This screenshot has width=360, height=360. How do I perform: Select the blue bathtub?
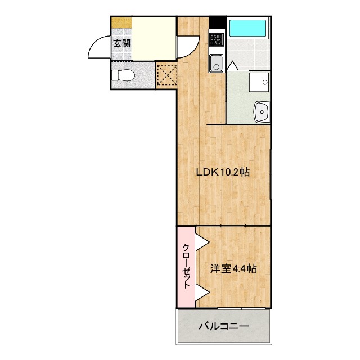[249, 28]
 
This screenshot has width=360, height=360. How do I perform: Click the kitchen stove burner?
[216, 39]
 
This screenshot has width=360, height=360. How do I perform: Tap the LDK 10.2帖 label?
[223, 173]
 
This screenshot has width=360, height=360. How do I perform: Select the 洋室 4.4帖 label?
[233, 269]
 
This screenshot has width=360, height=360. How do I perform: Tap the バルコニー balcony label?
[223, 326]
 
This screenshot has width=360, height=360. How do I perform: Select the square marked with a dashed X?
[166, 75]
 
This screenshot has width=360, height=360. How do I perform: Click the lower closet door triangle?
[201, 291]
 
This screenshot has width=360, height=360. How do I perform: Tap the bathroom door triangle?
[232, 66]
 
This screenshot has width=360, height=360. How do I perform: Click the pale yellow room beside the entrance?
[153, 38]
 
